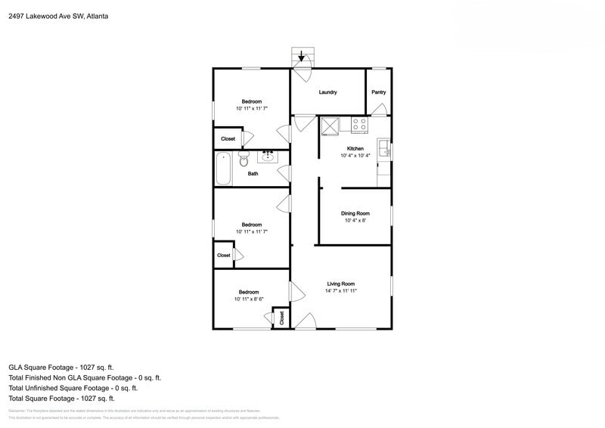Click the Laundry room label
coord(327,92)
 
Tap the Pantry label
coord(378,92)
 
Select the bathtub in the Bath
coord(223,169)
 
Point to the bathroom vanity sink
coord(268,157)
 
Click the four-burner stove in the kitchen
coord(358,125)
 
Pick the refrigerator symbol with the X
coord(330,126)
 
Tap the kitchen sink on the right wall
coord(383,148)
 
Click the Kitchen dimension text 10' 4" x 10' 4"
coord(355,155)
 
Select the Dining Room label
coord(355,213)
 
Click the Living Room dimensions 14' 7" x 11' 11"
coord(340,290)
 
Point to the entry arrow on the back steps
coord(302,56)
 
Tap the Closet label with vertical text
coord(281,318)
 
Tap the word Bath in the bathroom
coord(253,174)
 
